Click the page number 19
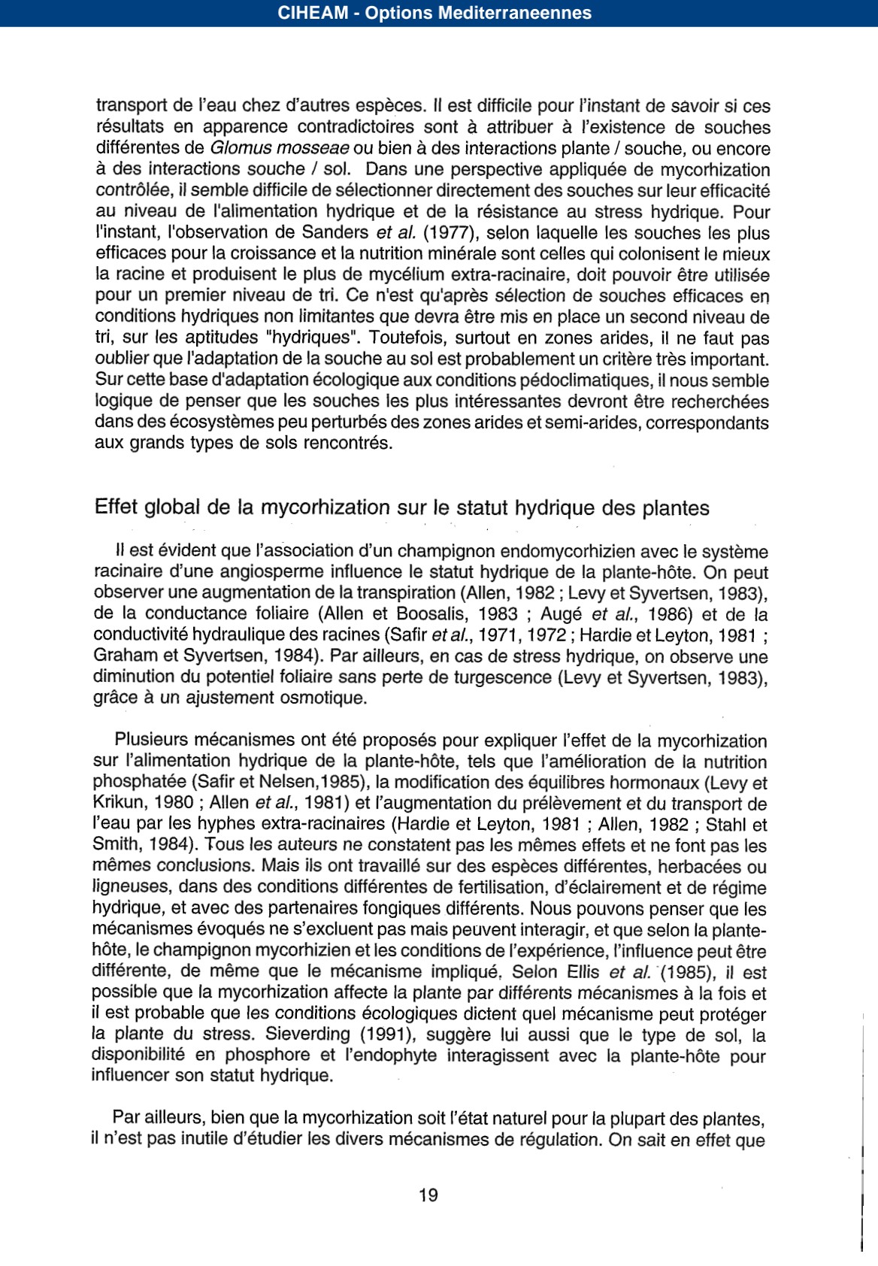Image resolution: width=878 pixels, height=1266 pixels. click(428, 1195)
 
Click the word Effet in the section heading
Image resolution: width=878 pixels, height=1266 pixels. click(117, 508)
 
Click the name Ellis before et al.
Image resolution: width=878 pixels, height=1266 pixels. click(580, 972)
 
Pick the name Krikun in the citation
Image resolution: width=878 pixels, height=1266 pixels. click(117, 804)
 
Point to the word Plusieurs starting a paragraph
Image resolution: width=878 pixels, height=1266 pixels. click(152, 741)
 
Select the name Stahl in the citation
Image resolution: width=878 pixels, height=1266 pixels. click(730, 825)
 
